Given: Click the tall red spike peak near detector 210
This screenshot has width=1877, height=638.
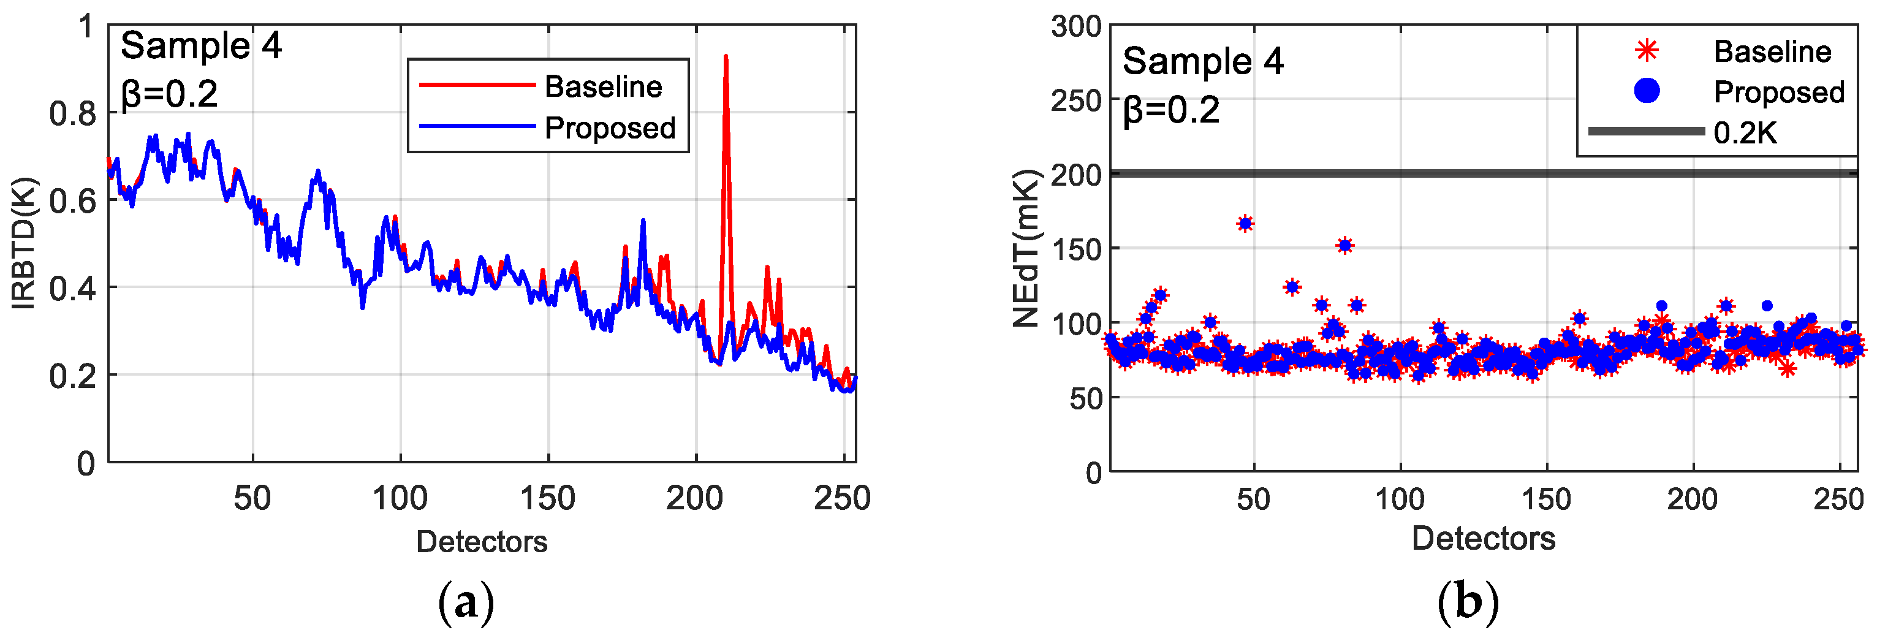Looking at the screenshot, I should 725,57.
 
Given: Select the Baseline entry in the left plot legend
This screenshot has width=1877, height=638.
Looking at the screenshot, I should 604,87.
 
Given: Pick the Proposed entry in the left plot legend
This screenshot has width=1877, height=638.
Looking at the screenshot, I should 610,128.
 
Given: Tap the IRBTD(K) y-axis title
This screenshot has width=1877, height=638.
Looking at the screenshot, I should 24,243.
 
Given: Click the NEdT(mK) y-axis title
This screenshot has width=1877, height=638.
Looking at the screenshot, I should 1026,249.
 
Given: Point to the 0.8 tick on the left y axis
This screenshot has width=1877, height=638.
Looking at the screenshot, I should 72,114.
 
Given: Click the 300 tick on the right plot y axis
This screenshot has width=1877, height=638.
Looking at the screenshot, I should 1075,27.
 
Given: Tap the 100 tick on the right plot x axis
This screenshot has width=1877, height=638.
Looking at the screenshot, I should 1399,500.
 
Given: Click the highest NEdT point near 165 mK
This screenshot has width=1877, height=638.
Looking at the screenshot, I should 1245,224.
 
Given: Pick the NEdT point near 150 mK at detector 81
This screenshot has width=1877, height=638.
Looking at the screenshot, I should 1345,246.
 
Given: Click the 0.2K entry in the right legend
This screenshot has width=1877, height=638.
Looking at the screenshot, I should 1745,134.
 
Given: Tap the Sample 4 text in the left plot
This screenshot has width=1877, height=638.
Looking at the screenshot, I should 201,46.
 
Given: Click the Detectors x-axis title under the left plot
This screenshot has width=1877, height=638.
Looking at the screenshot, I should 482,542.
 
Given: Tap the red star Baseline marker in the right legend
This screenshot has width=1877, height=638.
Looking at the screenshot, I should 1647,50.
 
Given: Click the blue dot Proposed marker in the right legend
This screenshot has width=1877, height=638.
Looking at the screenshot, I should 1647,91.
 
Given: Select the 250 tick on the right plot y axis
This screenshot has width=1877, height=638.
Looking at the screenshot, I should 1075,101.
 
